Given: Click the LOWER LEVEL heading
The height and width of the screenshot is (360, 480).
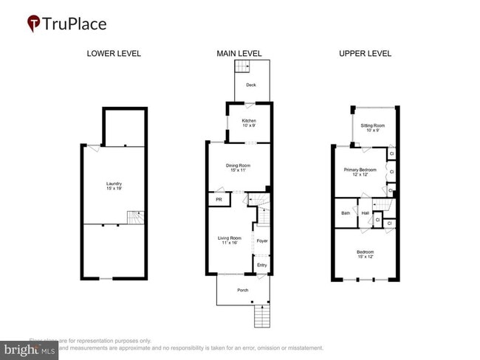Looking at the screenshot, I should click(114, 54).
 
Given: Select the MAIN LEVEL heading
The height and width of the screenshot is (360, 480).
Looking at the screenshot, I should click(239, 54).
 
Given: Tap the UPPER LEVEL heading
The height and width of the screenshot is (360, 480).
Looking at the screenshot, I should click(365, 54).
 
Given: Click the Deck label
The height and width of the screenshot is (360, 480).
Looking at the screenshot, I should click(251, 86).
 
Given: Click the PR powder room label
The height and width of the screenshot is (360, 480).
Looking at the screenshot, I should click(219, 199).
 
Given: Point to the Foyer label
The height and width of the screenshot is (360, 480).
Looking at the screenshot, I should click(261, 240).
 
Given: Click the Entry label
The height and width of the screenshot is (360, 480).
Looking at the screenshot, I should click(261, 266).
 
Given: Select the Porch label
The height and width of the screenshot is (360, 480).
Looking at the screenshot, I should click(242, 290).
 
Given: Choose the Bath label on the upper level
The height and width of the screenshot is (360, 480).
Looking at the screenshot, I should click(346, 213).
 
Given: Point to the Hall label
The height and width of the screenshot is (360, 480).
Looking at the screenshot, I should click(366, 213).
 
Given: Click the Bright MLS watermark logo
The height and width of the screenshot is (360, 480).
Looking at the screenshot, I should click(30, 350).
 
